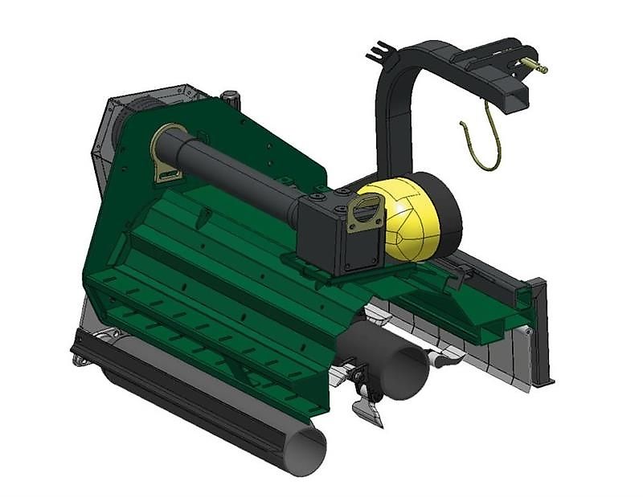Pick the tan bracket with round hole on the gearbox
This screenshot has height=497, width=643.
(x=366, y=215)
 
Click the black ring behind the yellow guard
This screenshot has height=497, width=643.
(x=447, y=213)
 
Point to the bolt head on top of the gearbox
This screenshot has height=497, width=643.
(x=321, y=195)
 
